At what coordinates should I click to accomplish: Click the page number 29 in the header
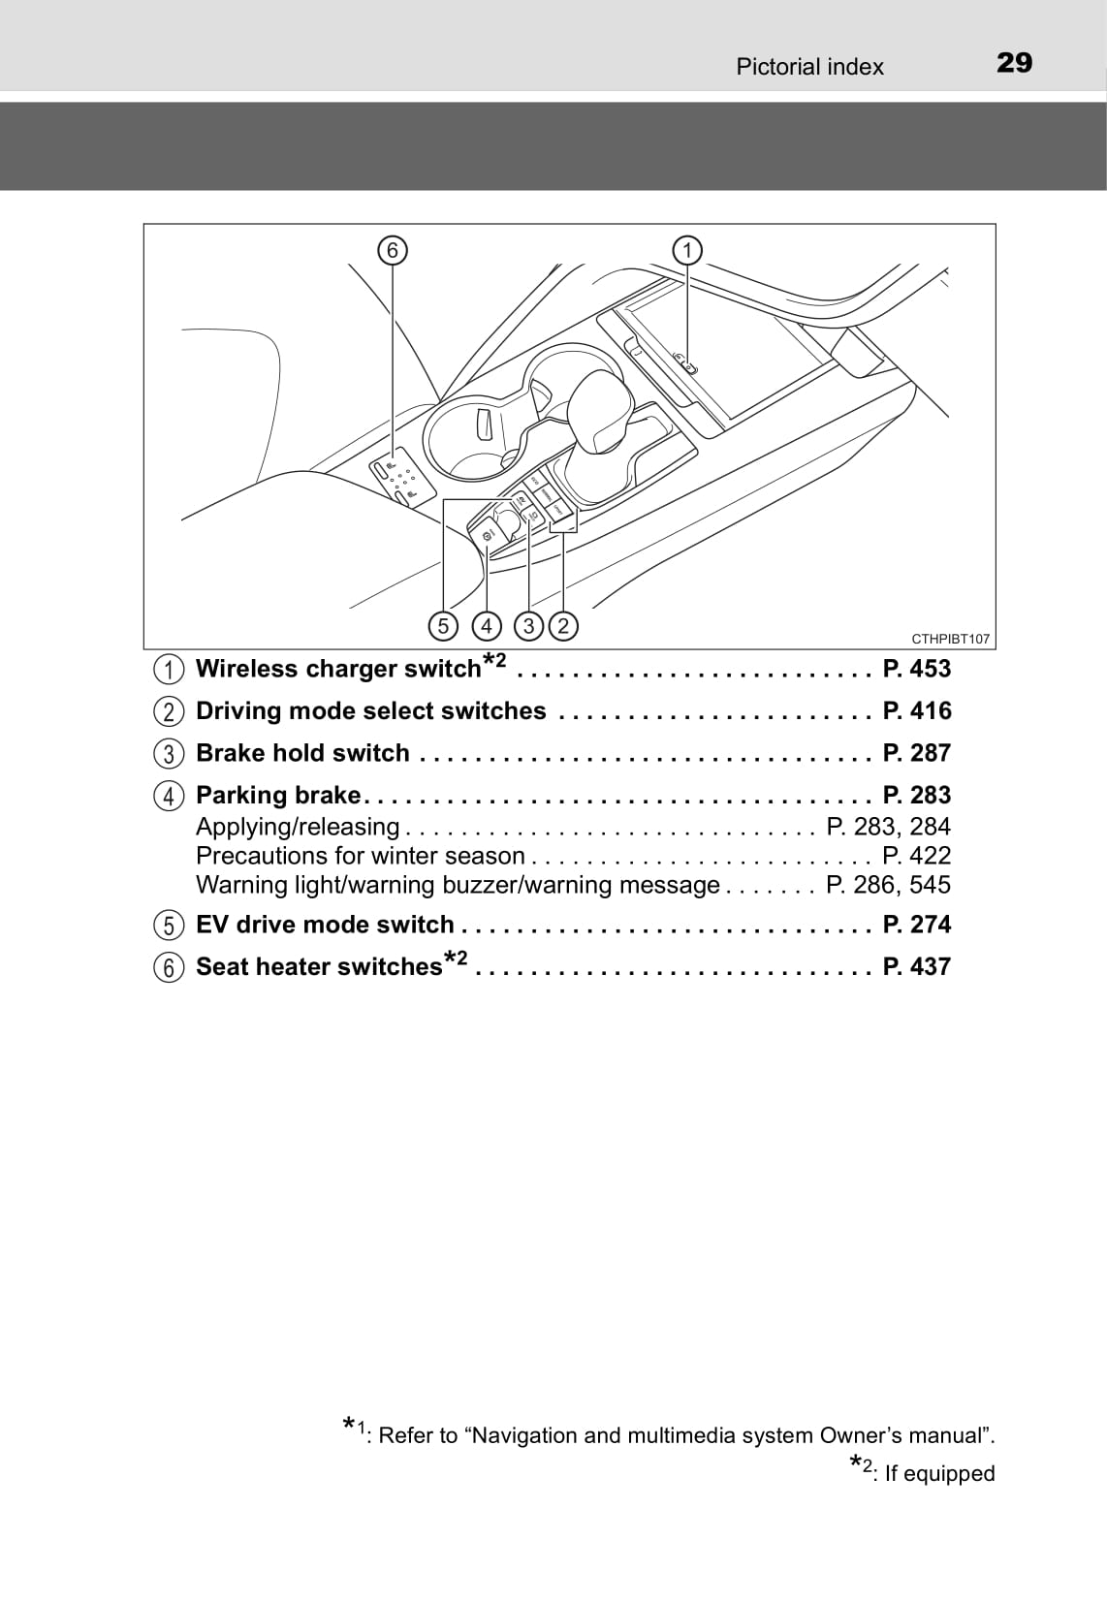coord(1014,63)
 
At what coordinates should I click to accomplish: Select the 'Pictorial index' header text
coord(809,67)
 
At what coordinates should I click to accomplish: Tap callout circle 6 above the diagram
coord(393,251)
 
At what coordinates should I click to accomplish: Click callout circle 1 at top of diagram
coord(687,251)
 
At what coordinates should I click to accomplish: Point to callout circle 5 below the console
coord(443,626)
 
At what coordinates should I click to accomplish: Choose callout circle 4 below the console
coord(486,626)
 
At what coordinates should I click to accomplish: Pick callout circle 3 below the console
coord(529,626)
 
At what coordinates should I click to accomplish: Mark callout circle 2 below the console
coord(563,626)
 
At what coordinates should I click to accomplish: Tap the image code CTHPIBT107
coord(950,639)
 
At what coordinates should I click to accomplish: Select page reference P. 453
coord(916,669)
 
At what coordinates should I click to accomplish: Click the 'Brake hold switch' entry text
coord(302,753)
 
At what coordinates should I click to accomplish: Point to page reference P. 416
coord(916,711)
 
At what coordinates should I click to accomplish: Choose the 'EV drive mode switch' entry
coord(325,925)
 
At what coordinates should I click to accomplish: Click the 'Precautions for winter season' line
coord(360,856)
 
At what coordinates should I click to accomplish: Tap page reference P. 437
coord(916,966)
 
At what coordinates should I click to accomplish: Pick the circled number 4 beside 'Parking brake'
coord(169,797)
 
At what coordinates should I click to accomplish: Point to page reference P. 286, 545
coord(888,885)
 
